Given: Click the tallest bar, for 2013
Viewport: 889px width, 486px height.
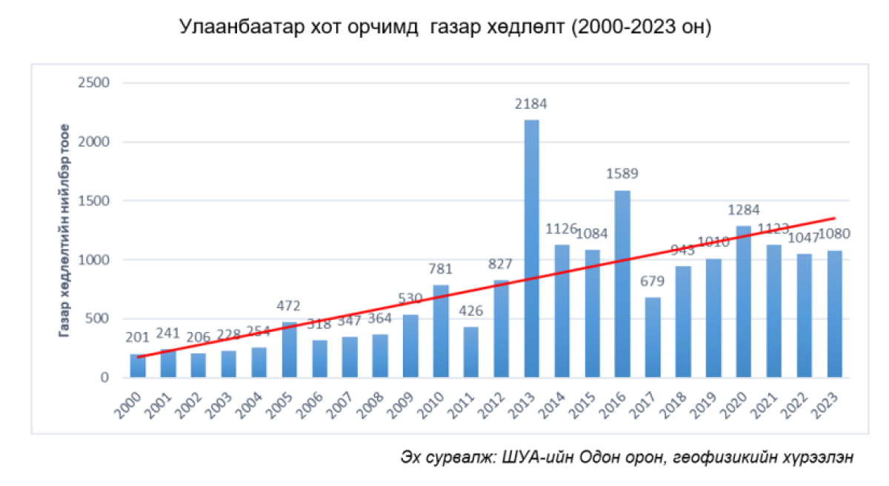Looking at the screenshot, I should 532,249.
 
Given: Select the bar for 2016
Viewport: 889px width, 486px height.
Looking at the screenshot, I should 622,284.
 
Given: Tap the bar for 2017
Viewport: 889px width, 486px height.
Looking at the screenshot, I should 653,338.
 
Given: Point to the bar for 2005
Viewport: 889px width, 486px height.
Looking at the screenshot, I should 290,350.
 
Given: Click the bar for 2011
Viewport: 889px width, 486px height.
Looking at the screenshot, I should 471,353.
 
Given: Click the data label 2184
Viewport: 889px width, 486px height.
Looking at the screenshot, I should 532,104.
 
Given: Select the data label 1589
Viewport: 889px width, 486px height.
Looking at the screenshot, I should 622,175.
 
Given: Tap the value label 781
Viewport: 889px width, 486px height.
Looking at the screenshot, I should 441,268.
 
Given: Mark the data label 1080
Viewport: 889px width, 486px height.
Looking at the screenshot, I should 834,234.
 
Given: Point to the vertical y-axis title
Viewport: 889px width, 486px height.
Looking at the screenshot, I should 65,229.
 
